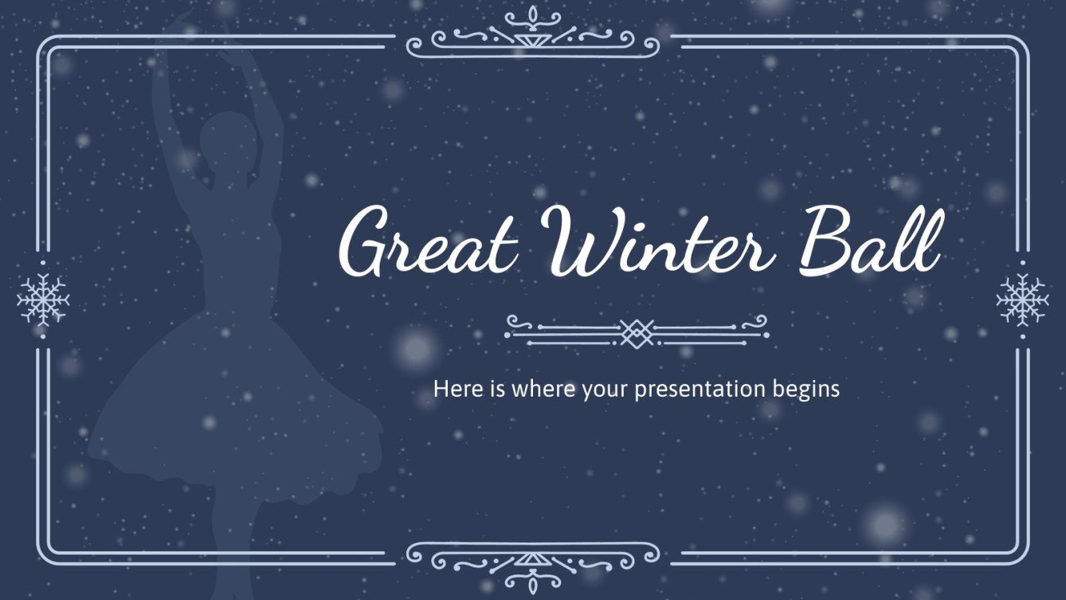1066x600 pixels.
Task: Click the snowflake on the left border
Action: point(43,300)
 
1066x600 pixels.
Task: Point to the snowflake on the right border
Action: point(1022,300)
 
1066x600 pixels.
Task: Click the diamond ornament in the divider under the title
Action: point(637,329)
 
